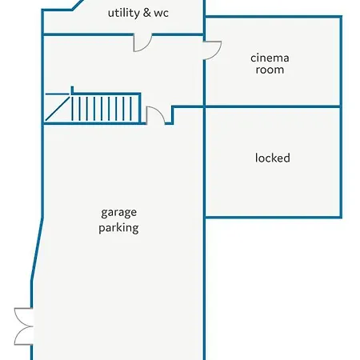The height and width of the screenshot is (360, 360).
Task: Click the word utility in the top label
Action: pos(124,13)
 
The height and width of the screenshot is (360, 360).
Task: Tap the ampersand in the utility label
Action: pos(147,13)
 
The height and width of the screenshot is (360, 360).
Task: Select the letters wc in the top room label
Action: pos(161,14)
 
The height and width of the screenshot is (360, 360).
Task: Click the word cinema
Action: pos(270,58)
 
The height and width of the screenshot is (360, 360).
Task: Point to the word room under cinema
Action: pos(270,70)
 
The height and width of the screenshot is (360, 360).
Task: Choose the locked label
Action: pos(273,158)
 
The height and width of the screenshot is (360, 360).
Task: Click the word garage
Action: pos(119,213)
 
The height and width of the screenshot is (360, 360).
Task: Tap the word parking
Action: pos(118,228)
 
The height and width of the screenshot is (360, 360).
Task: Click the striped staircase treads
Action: pos(106,109)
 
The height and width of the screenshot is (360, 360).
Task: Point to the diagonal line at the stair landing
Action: pos(58,109)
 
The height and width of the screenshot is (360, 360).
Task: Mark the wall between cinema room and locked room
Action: pos(272,107)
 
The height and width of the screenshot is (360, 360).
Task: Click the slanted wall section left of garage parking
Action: pos(37,249)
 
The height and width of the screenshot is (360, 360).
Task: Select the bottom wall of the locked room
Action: pos(273,217)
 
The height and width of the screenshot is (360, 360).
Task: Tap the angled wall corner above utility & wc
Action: pos(78,5)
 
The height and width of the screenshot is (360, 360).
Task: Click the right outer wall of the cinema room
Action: pos(341,62)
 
